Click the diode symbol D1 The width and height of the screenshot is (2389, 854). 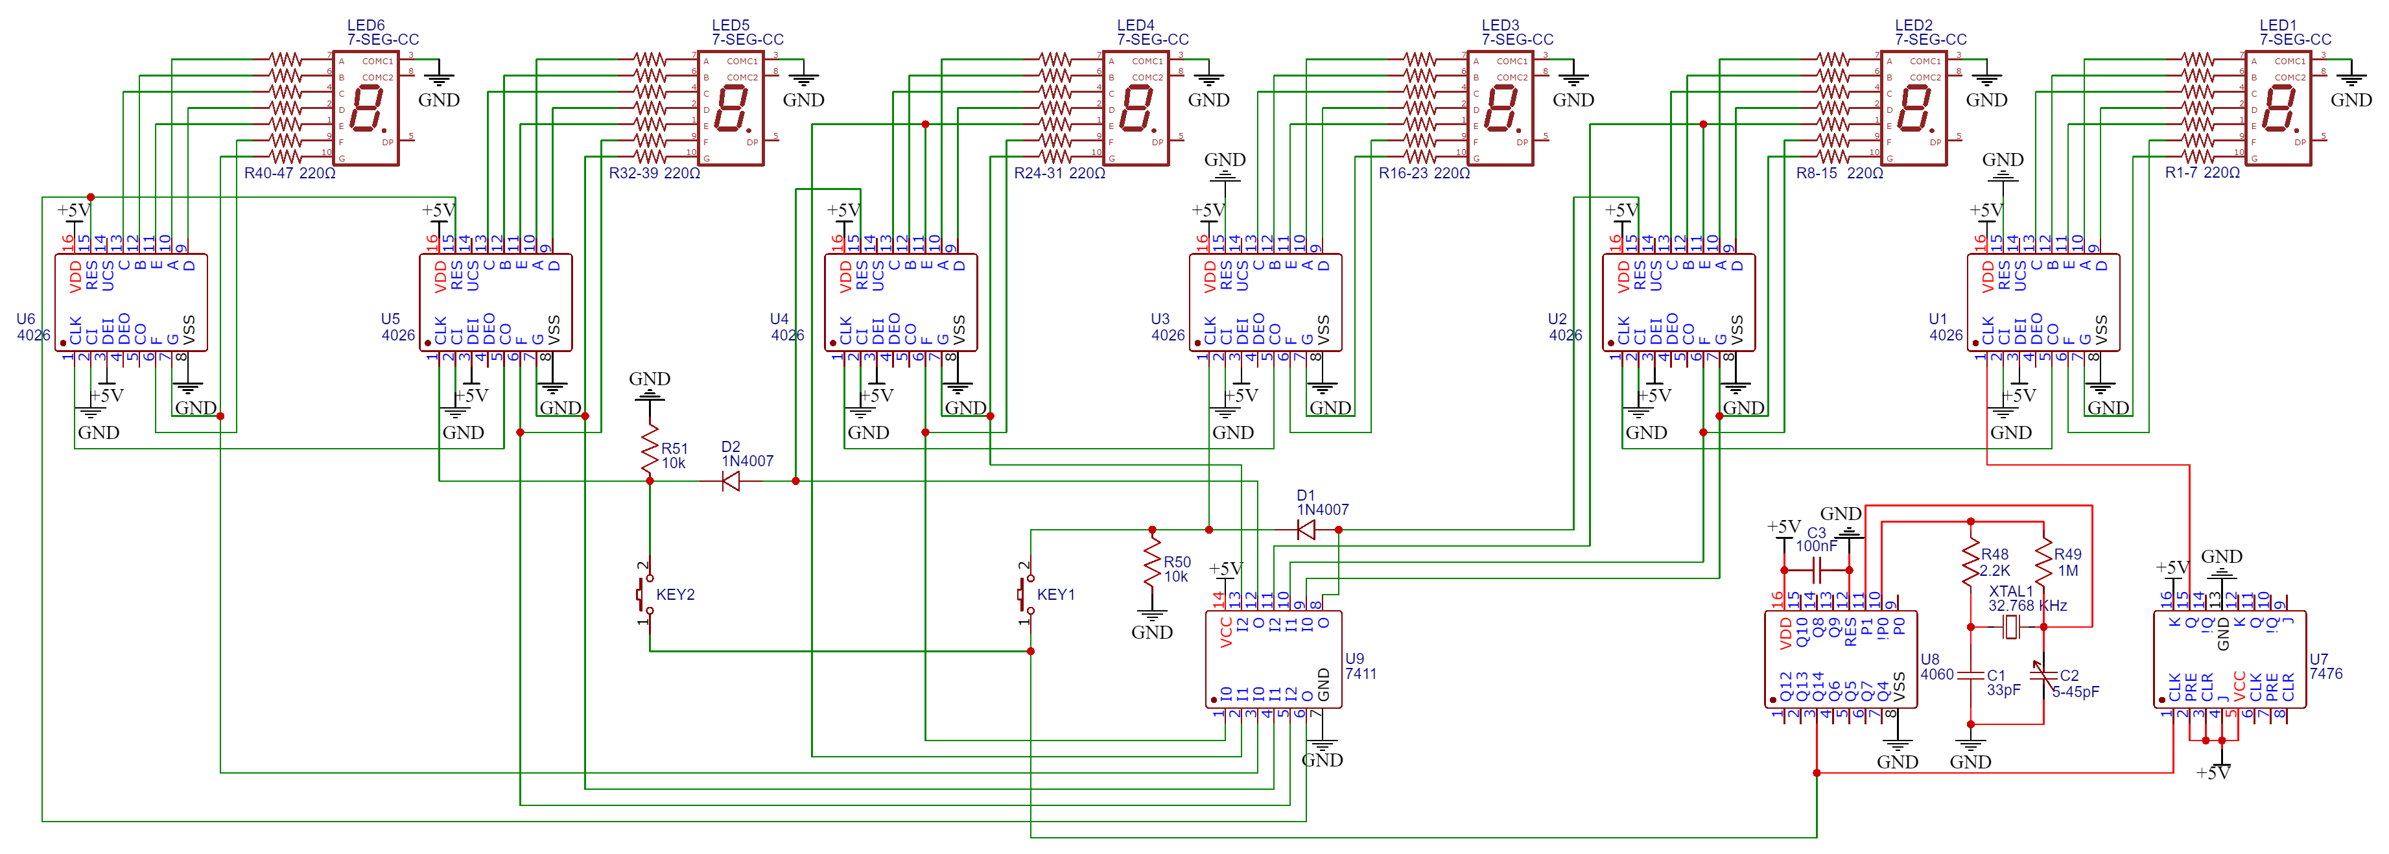pyautogui.click(x=1307, y=530)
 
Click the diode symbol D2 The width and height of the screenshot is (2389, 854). pyautogui.click(x=731, y=481)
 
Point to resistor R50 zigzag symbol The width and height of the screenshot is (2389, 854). pyautogui.click(x=1152, y=563)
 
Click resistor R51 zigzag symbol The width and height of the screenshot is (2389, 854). pyautogui.click(x=649, y=453)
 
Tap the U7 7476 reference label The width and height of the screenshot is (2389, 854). pyautogui.click(x=2325, y=667)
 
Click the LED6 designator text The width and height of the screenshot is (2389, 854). pyautogui.click(x=366, y=25)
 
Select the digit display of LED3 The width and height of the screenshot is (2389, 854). pyautogui.click(x=1500, y=108)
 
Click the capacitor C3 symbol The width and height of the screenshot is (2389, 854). pyautogui.click(x=1817, y=569)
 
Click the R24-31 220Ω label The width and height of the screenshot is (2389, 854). pyautogui.click(x=1059, y=173)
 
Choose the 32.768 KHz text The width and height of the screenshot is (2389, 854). pyautogui.click(x=2027, y=606)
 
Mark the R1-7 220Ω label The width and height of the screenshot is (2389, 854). pyautogui.click(x=2202, y=173)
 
